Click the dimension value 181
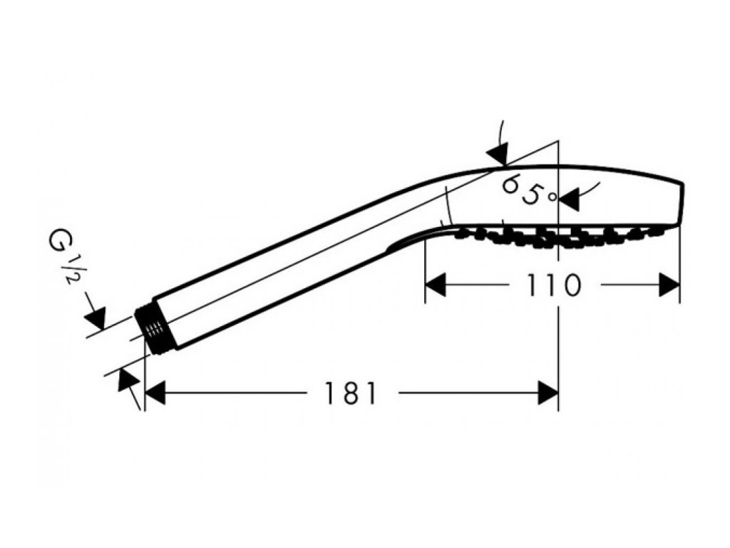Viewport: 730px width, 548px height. tap(350, 393)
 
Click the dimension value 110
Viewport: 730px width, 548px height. tap(554, 285)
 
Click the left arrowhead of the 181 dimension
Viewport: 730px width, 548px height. tap(155, 392)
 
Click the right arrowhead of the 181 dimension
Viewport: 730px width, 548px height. tap(548, 392)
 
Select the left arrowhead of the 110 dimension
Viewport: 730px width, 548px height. tap(436, 285)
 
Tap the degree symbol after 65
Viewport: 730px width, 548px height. tap(551, 196)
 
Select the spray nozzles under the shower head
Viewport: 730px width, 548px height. tap(556, 236)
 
